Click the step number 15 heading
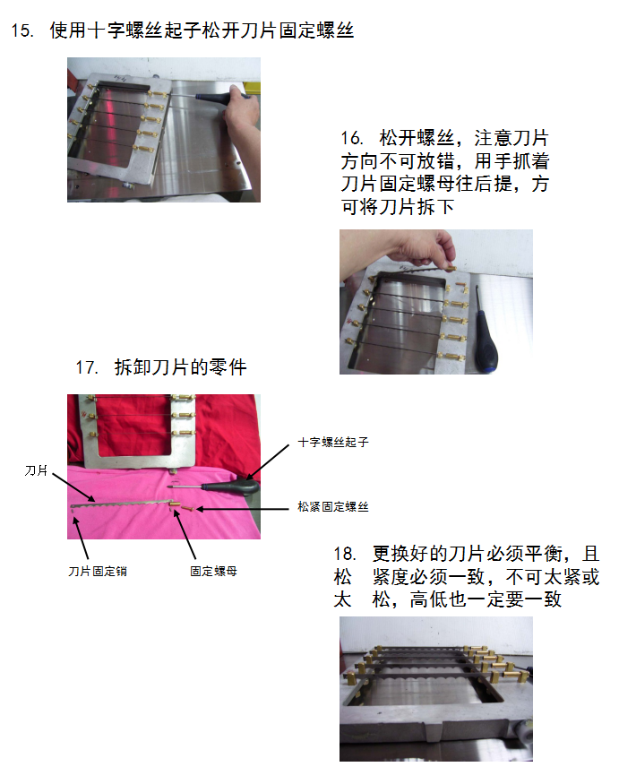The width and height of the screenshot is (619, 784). coord(22,30)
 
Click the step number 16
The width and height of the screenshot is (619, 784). coord(352,138)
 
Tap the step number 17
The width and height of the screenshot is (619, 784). coord(87,367)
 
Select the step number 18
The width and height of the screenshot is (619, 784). coord(345,554)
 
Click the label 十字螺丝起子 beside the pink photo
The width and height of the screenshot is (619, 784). coord(333,442)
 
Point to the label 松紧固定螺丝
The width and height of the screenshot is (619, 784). coord(333,507)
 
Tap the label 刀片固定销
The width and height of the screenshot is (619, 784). coord(98,571)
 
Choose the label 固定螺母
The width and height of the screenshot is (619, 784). coord(213,571)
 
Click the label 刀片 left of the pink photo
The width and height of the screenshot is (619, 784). coord(36,470)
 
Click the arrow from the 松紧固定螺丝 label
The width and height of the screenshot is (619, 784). coord(243,509)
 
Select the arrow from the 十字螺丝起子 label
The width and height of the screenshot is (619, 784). coord(268,461)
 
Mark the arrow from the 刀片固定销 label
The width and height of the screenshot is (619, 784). coord(81,538)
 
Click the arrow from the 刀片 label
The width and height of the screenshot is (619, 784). coord(73,487)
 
